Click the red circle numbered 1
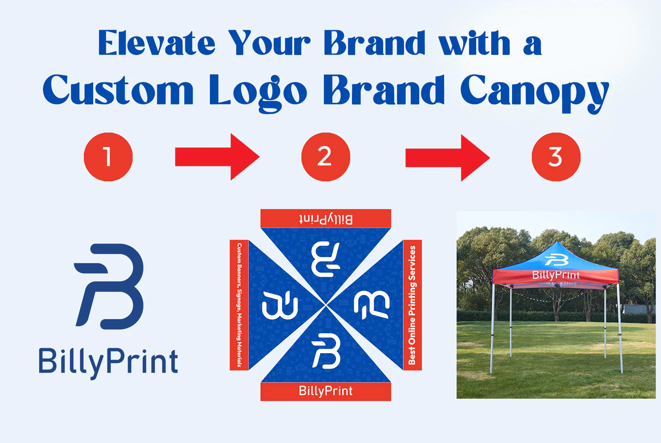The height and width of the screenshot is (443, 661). pos(108,157)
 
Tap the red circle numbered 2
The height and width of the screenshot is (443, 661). pos(325,157)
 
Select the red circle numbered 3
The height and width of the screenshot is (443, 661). pos(556,157)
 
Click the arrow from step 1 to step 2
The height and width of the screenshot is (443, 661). pos(217,157)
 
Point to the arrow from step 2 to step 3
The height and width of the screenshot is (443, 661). pos(447,157)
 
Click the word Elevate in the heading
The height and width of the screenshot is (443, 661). pos(157,43)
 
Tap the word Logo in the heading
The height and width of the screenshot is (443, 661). pos(258,91)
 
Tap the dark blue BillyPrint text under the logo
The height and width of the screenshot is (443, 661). pos(108,362)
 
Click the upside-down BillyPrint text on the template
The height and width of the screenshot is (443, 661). pos(326,219)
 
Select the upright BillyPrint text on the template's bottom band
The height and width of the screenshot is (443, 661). pos(326,391)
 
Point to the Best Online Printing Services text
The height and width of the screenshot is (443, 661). pos(412,305)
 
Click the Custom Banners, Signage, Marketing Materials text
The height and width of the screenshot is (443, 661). pos(239,305)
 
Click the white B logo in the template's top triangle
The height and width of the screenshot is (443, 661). pos(326,259)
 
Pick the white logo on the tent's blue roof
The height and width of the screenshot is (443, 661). pos(556,260)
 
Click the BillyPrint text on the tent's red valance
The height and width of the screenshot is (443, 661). pos(556,275)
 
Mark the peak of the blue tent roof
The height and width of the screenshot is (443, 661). pos(556,242)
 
